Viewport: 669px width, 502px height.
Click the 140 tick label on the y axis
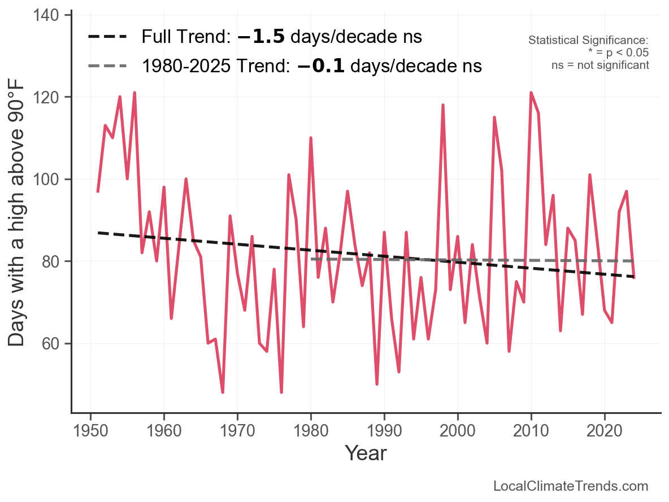pyautogui.click(x=51, y=15)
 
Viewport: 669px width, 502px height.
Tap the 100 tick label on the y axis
pyautogui.click(x=51, y=180)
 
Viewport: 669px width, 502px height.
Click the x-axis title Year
pyautogui.click(x=366, y=453)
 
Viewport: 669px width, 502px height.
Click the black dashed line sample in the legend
pyautogui.click(x=107, y=37)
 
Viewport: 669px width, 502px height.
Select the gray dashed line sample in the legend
pyautogui.click(x=107, y=66)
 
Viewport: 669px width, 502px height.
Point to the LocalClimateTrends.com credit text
pyautogui.click(x=571, y=486)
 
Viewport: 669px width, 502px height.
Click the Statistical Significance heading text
pyautogui.click(x=588, y=41)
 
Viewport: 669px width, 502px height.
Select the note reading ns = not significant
pyautogui.click(x=600, y=65)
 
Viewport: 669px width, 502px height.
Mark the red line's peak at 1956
pyautogui.click(x=134, y=93)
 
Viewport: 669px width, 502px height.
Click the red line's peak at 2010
pyautogui.click(x=531, y=93)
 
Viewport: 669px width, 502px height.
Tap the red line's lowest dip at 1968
pyautogui.click(x=223, y=392)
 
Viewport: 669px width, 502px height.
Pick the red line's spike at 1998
pyautogui.click(x=443, y=105)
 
